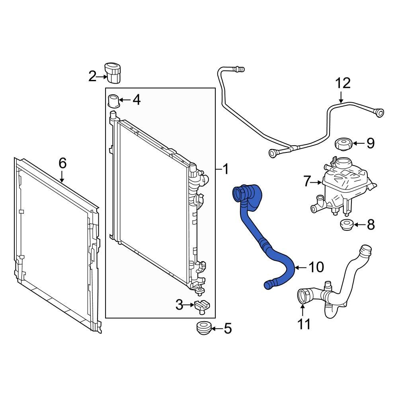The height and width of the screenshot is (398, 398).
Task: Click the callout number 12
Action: click(342, 84)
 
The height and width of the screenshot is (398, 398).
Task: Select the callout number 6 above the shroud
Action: click(62, 163)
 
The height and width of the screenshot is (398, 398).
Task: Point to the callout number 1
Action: click(225, 170)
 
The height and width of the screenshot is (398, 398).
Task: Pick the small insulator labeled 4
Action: click(114, 100)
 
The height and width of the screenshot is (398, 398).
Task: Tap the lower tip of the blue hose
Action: click(268, 284)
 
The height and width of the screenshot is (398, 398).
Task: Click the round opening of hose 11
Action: click(303, 297)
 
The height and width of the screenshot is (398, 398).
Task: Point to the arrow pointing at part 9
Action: click(358, 143)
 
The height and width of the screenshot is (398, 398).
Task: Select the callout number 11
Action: click(304, 324)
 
